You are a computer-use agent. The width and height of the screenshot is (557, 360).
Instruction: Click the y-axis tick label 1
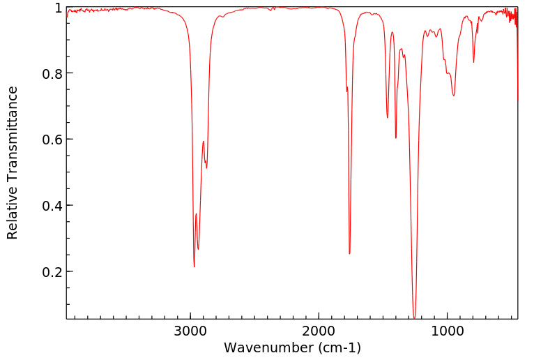pos(57,8)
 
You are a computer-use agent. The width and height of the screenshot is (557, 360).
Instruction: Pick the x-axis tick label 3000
pos(190,331)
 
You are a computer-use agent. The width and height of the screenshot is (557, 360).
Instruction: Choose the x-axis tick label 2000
pos(319,331)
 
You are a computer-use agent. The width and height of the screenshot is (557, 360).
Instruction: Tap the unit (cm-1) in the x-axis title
pos(338,347)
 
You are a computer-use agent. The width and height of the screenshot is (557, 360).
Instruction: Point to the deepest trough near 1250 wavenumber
pos(415,318)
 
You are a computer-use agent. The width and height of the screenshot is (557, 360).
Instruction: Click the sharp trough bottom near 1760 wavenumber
pos(349,254)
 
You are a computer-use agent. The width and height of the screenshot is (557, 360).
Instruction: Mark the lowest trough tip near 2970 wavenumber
pos(194,267)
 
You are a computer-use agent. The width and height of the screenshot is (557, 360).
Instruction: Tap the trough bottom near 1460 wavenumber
pos(388,117)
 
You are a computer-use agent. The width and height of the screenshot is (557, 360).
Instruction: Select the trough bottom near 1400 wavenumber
pos(395,138)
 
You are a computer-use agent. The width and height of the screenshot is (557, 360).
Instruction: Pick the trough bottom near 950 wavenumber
pos(454,96)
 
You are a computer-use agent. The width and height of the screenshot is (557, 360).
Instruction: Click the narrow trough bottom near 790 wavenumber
pos(473,62)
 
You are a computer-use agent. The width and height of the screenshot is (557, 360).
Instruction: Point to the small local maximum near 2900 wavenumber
pos(203,142)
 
